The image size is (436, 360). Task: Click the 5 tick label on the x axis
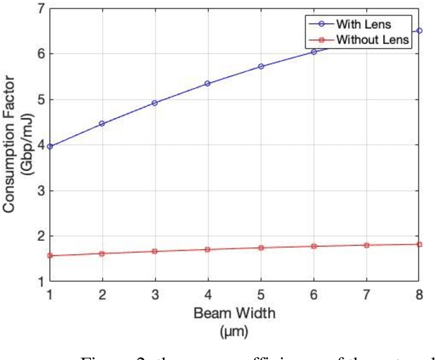coord(261,293)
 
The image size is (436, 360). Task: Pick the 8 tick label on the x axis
coord(419,293)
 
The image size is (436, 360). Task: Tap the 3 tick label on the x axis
coord(155,293)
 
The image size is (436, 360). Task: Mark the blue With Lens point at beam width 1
coord(49,146)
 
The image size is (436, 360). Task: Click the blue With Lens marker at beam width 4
coord(208,83)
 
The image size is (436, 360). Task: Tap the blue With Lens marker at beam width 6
coord(314,52)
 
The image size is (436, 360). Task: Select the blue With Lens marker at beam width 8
coord(420,30)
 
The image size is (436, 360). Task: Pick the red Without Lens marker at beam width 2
coord(102,253)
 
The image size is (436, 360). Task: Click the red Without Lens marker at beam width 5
coord(261,248)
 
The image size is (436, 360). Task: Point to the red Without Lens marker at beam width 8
coord(420,244)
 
